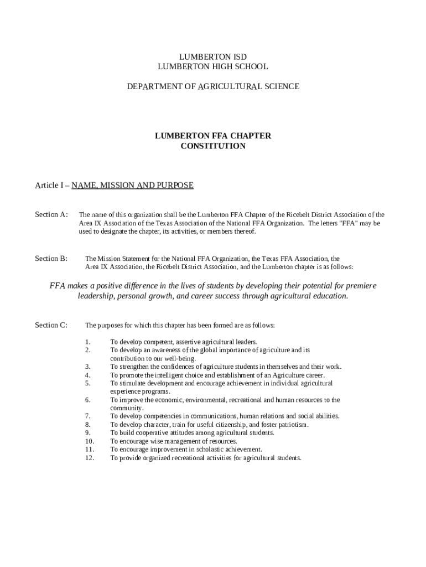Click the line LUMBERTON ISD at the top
coord(213,57)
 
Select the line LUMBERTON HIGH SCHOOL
coord(213,66)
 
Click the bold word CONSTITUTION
coord(213,146)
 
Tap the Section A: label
coord(51,215)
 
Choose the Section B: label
coord(51,259)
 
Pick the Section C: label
coord(51,325)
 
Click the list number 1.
coord(87,342)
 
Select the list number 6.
coord(87,400)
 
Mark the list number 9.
coord(87,433)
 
